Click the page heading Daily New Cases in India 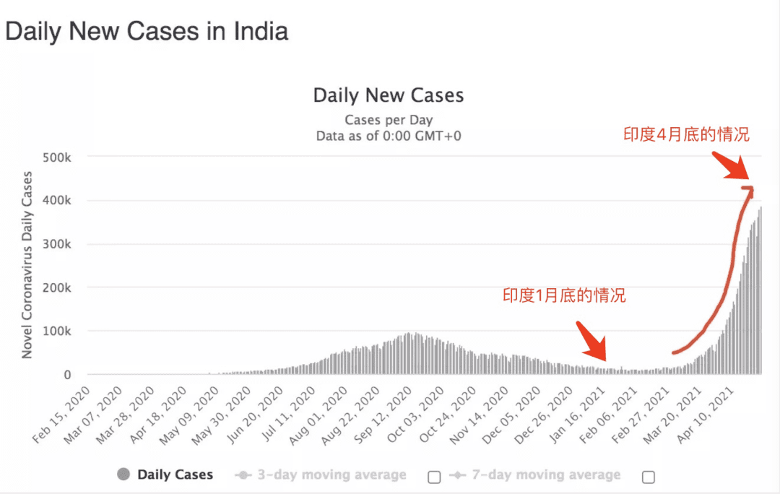[147, 31]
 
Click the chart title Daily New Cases [389, 95]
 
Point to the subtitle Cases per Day [389, 121]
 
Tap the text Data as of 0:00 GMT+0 [389, 136]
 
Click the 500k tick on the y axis [57, 157]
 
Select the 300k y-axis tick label [57, 244]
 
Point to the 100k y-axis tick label [57, 331]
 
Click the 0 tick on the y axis [67, 375]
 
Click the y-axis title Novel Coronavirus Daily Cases [27, 264]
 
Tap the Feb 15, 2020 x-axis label [61, 415]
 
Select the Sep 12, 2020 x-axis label [383, 415]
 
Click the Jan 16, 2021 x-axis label [577, 415]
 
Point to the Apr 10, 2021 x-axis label [706, 415]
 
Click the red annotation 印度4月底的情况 [687, 134]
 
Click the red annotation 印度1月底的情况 [564, 295]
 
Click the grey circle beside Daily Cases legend [123, 474]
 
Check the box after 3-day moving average [434, 477]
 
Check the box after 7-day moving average [648, 477]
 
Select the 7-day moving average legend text [546, 474]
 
